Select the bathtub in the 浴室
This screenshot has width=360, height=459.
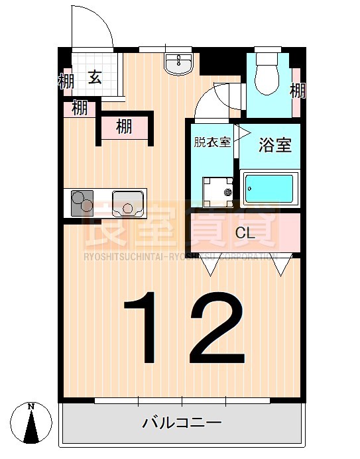[x=270, y=188]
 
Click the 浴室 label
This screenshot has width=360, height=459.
[x=274, y=145]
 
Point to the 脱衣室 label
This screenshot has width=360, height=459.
[x=212, y=142]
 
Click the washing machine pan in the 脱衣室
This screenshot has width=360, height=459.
[x=218, y=191]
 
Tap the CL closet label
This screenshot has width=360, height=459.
[x=245, y=233]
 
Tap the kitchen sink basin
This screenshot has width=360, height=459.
[x=128, y=202]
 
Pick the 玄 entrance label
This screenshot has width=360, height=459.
[x=95, y=78]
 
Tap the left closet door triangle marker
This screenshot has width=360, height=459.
[x=211, y=267]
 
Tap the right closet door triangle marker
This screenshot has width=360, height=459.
[x=281, y=267]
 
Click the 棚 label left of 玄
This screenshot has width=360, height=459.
[x=66, y=83]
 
